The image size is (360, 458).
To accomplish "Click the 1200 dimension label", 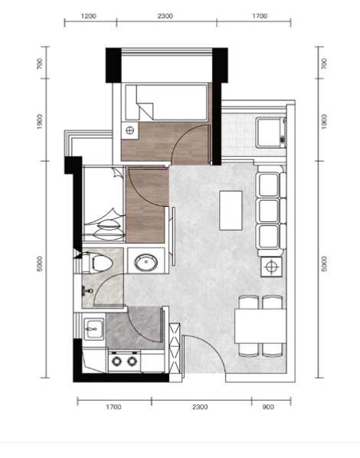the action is [x=89, y=16].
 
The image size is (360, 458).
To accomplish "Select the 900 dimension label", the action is [x=268, y=407].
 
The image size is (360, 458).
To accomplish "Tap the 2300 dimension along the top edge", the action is [x=165, y=16].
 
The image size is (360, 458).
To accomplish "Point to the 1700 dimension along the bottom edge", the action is [x=113, y=407].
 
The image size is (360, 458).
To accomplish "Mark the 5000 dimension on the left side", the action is [x=40, y=263].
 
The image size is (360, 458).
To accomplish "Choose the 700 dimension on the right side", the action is [x=324, y=64].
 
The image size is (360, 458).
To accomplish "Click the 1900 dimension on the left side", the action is [x=40, y=122].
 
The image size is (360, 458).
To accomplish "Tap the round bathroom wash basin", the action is [x=146, y=263].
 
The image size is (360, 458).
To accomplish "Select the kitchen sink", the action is [x=93, y=329].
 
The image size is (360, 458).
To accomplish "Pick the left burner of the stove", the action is [x=116, y=361].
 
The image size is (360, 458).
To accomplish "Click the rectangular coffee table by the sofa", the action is [x=231, y=211].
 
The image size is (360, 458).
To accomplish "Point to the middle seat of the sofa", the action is [x=269, y=211].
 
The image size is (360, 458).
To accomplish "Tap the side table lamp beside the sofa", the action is [x=271, y=267].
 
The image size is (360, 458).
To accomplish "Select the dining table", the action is [x=260, y=326].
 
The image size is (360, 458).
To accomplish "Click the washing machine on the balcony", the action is [x=271, y=132].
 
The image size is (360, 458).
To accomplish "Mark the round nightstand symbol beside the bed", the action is [x=129, y=130].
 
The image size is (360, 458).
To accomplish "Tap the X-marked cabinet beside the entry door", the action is [x=175, y=348].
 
